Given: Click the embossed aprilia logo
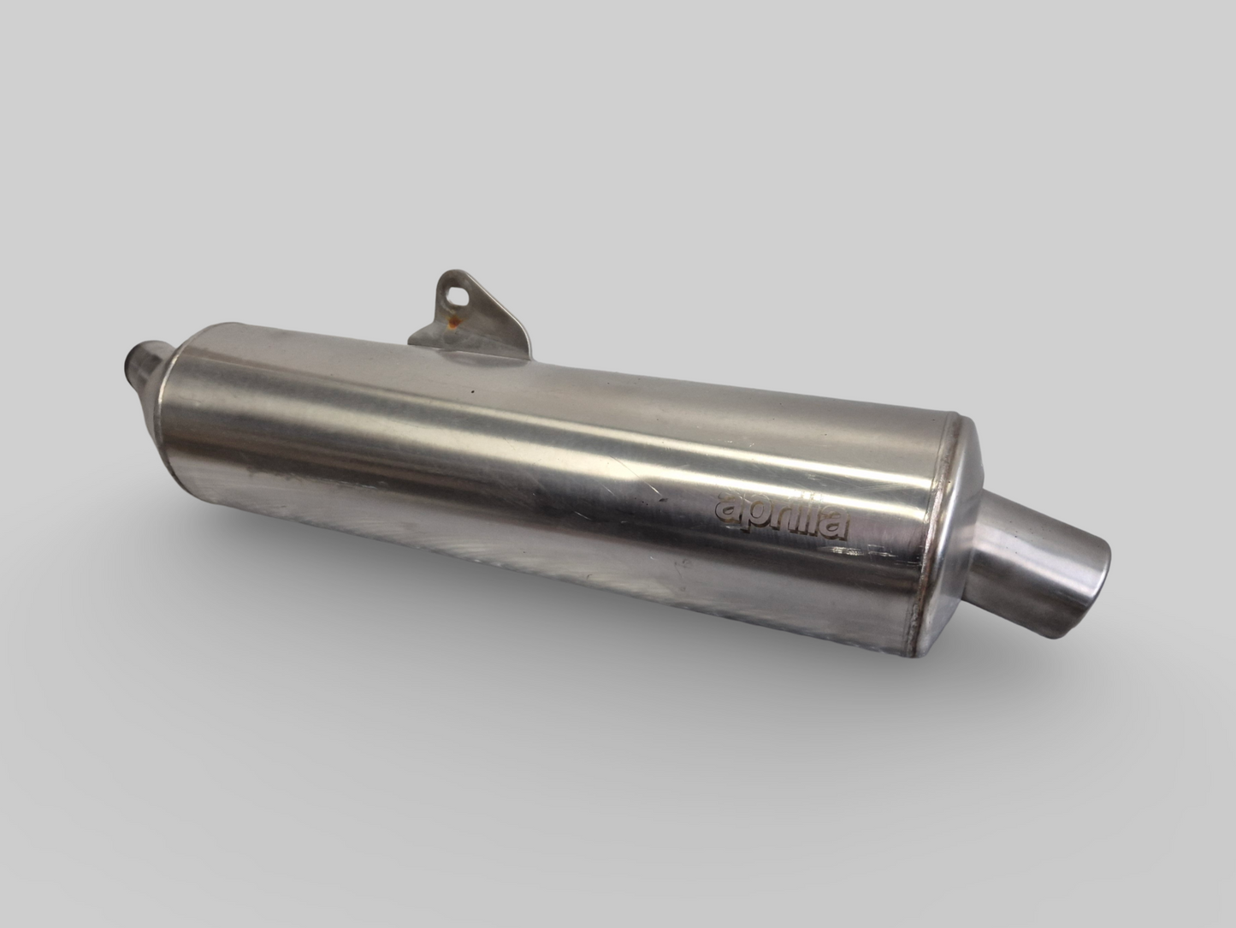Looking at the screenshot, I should point(781,516).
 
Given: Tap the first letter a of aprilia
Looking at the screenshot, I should point(730,508).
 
